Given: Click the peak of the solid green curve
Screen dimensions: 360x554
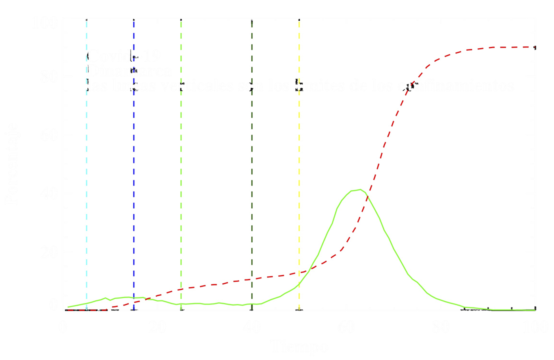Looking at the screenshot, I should pos(358,189).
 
